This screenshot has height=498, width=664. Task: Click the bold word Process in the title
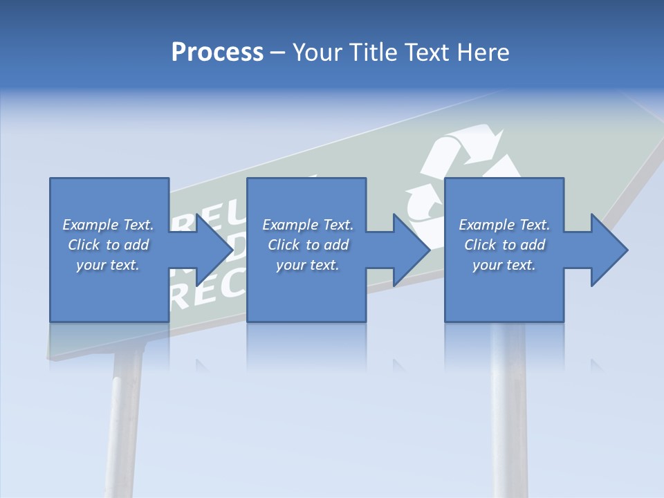pyautogui.click(x=217, y=53)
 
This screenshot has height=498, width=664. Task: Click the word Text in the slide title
pyautogui.click(x=428, y=53)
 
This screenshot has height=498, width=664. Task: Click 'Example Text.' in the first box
pyautogui.click(x=108, y=225)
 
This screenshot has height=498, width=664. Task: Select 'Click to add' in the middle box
pyautogui.click(x=308, y=245)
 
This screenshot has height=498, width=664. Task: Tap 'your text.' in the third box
pyautogui.click(x=504, y=265)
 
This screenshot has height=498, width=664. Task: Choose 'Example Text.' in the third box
pyautogui.click(x=504, y=225)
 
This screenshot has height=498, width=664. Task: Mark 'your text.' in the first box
pyautogui.click(x=108, y=265)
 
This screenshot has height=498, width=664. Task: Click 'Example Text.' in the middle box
pyautogui.click(x=308, y=225)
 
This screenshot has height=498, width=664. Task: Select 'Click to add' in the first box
pyautogui.click(x=108, y=245)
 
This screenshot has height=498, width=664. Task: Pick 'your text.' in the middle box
pyautogui.click(x=308, y=265)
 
